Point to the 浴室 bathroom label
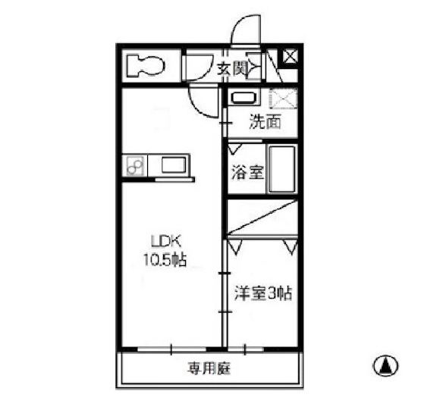coord(247,170)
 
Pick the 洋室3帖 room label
coord(261,292)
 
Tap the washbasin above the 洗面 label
coord(243,99)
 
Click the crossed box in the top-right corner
coord(290,57)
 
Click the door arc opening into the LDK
coord(203,99)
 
